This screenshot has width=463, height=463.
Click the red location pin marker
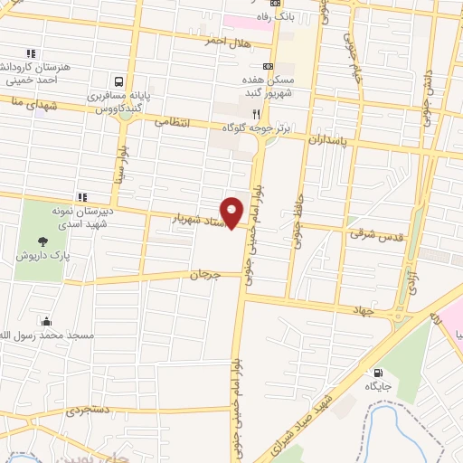(x=232, y=213)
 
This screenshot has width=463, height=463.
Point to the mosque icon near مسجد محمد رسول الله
(x=46, y=321)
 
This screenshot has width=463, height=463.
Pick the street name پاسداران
(x=328, y=141)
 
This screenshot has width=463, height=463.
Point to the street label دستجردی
(x=88, y=410)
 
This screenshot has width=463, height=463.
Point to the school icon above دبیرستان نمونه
(x=82, y=196)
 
